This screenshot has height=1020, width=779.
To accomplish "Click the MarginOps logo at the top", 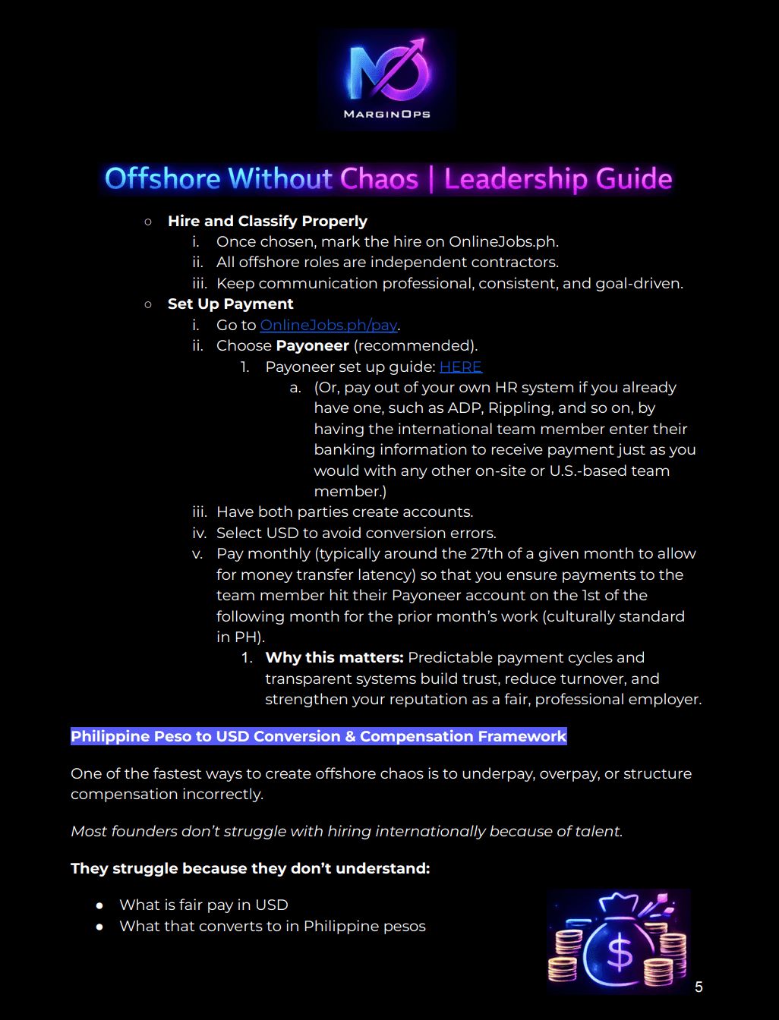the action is (x=387, y=79).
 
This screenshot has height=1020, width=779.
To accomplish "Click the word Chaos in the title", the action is (x=379, y=179).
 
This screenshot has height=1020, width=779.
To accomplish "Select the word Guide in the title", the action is (x=633, y=179).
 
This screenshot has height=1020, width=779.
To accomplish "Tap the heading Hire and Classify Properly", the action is (x=267, y=221).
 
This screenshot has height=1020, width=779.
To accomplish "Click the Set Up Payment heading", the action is (x=230, y=304).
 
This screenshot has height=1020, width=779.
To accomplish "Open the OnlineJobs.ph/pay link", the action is (x=329, y=325).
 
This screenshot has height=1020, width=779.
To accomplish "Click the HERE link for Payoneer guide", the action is (x=460, y=367).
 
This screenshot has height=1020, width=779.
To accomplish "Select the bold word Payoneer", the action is (x=313, y=345).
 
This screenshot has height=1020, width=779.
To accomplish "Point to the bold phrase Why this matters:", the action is (x=334, y=657).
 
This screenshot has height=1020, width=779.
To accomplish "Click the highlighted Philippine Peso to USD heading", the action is (x=318, y=736).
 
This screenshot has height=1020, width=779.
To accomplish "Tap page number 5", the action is (x=699, y=987).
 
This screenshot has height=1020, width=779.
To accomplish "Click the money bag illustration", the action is (x=618, y=941).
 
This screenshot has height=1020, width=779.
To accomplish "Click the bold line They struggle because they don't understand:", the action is (x=250, y=868).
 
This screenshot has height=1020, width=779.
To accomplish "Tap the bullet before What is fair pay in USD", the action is (x=99, y=905).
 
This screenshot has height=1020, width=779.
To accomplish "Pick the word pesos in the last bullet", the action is (x=404, y=926).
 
